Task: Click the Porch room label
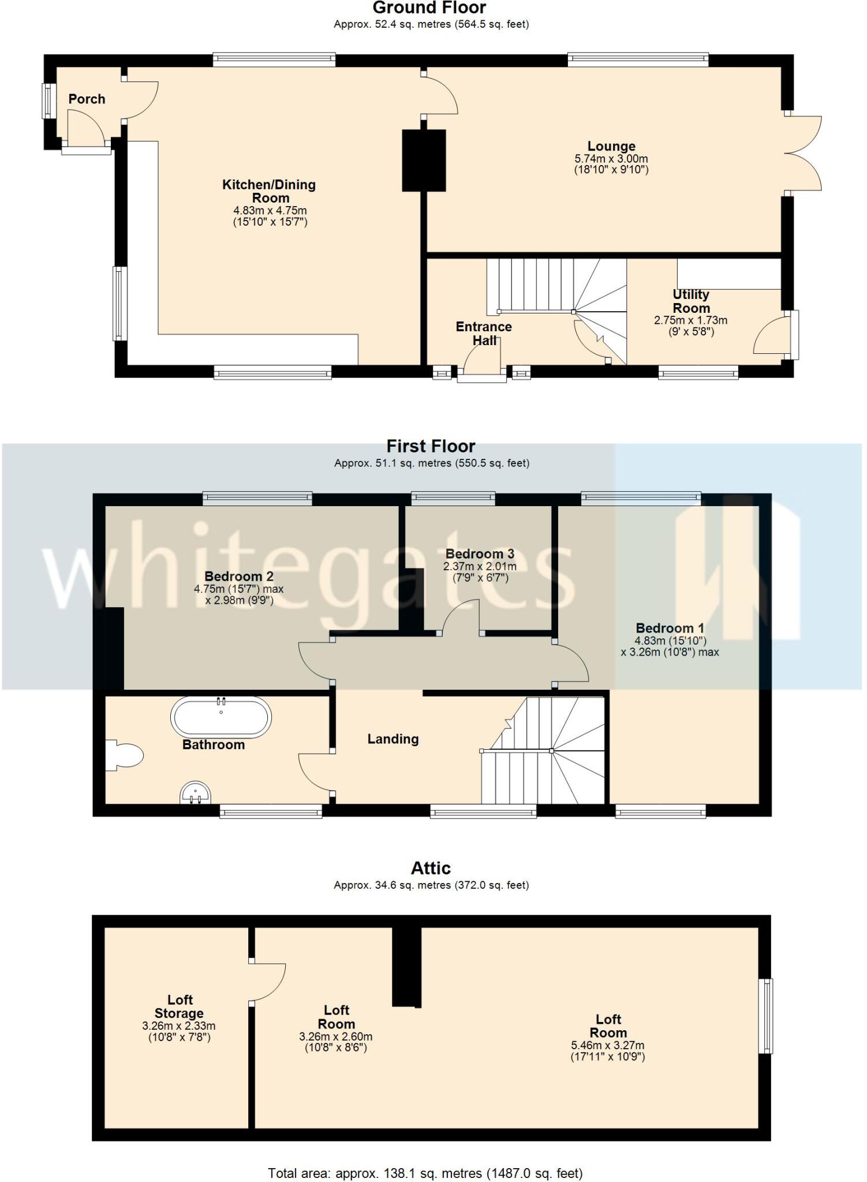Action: click(x=87, y=99)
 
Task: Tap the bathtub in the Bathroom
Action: click(x=221, y=717)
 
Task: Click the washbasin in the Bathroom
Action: click(x=195, y=793)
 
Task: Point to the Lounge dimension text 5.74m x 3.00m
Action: click(x=611, y=159)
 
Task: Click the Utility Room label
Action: click(x=691, y=301)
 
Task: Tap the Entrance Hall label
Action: click(x=484, y=333)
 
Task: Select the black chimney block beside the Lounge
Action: click(x=424, y=160)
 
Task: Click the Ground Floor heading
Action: click(x=429, y=8)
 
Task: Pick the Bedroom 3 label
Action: click(x=480, y=554)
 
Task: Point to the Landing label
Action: click(x=393, y=739)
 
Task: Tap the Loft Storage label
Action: click(x=179, y=1007)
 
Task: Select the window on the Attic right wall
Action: click(x=766, y=1015)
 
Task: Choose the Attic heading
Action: click(x=431, y=868)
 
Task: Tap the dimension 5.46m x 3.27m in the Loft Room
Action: click(x=608, y=1045)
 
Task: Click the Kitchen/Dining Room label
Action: click(x=270, y=191)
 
